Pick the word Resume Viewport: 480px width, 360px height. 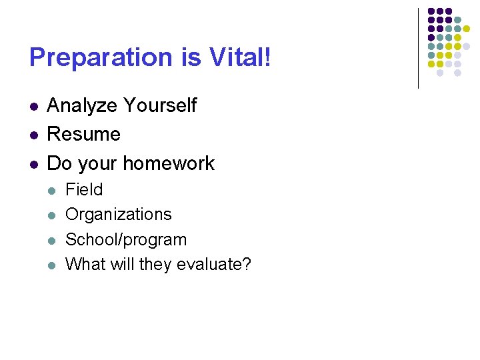pyautogui.click(x=84, y=134)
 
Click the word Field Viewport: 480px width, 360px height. pyautogui.click(x=84, y=190)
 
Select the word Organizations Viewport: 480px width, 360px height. pyautogui.click(x=119, y=215)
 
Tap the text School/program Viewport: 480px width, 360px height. pyautogui.click(x=126, y=239)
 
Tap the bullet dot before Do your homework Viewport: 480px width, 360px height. pyautogui.click(x=33, y=164)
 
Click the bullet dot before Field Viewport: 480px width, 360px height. pyautogui.click(x=52, y=191)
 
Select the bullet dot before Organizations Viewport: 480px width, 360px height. pyautogui.click(x=52, y=215)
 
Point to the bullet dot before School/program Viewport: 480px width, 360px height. pyautogui.click(x=52, y=240)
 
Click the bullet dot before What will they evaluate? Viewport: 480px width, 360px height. pyautogui.click(x=52, y=265)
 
